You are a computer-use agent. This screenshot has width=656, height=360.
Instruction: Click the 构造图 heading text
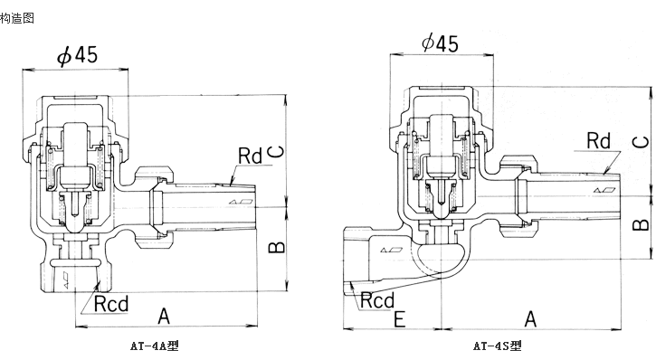coord(16,18)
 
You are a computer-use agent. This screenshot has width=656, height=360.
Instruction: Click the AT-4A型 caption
coord(155,346)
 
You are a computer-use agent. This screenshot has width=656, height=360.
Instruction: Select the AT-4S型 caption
coord(498,346)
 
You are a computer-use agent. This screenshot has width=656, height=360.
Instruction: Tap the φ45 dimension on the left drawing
coord(78,55)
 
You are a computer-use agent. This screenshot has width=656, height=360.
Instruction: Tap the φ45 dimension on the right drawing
coord(440,43)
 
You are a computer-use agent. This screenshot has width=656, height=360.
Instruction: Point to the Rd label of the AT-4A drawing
coord(250,156)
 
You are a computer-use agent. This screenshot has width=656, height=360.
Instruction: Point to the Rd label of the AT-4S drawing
coord(599,140)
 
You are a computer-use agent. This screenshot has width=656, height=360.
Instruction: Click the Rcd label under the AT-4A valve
coord(111,303)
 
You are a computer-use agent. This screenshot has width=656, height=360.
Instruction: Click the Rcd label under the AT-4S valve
coord(377,300)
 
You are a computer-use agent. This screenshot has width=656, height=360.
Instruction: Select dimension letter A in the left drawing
coord(164,316)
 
